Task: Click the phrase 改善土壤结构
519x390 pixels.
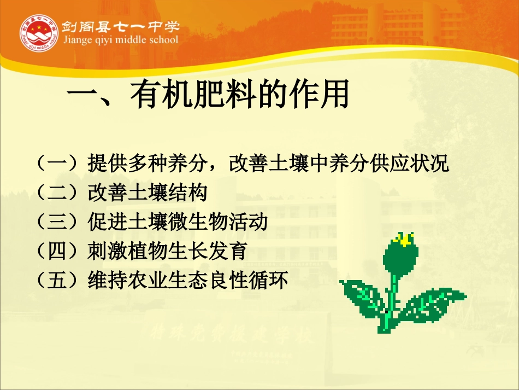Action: [x=147, y=193]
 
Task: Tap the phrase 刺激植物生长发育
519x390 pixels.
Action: [x=167, y=252]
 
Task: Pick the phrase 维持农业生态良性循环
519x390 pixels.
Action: [x=187, y=282]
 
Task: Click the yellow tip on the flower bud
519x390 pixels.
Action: [x=404, y=238]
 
